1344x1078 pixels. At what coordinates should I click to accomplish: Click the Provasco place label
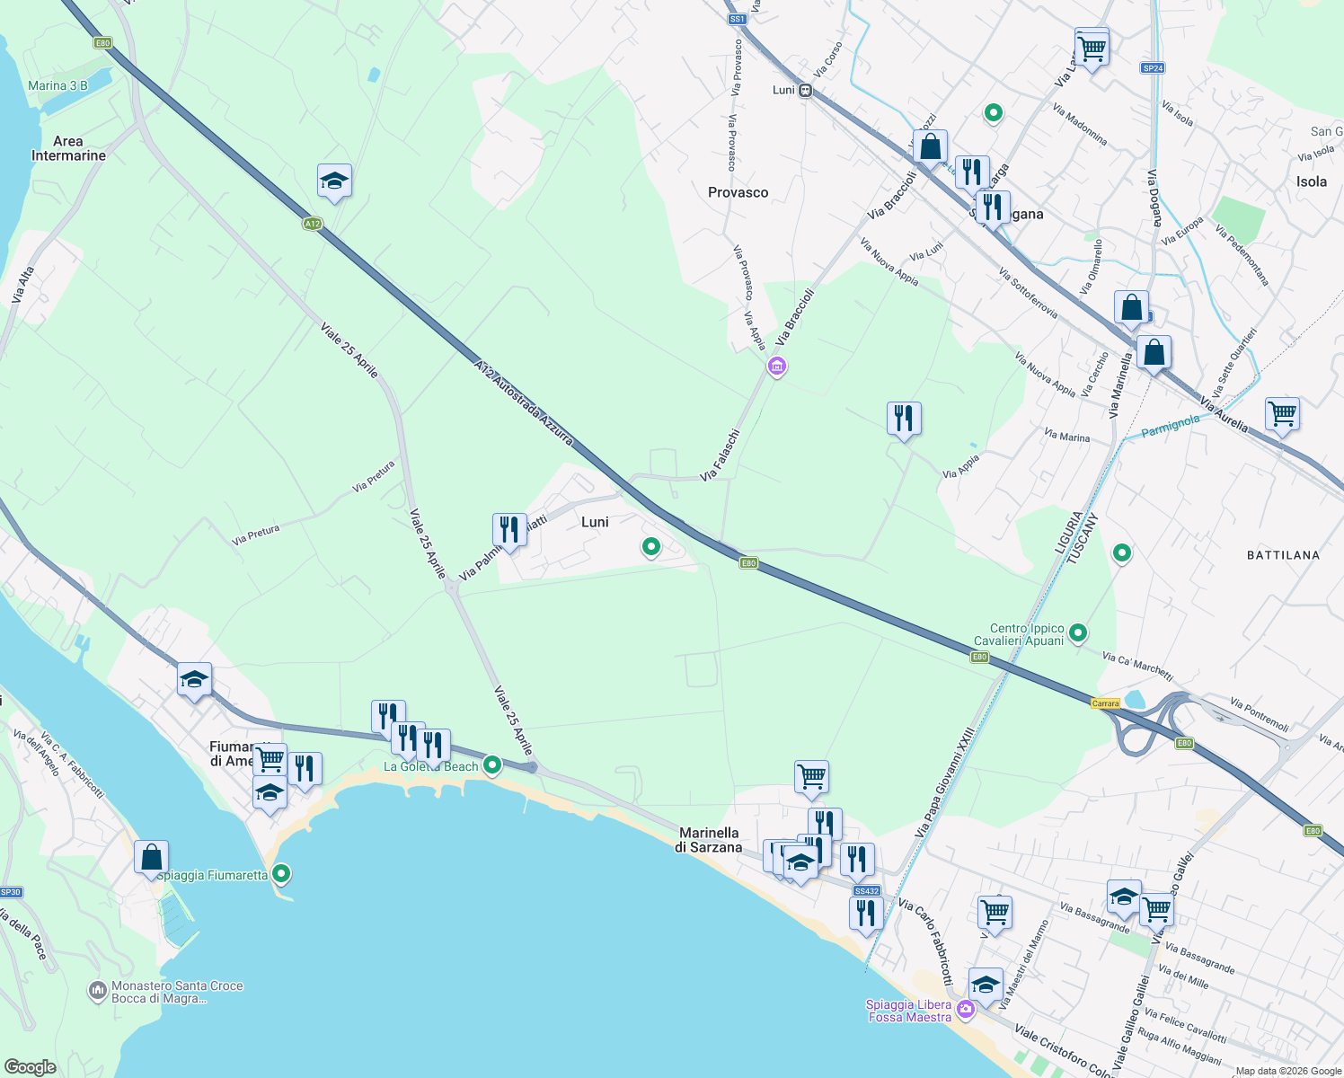pos(738,192)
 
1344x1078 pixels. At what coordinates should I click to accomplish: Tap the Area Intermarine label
pos(68,148)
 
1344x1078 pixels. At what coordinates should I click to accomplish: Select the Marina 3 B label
pos(57,86)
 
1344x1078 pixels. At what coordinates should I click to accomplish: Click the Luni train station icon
pos(806,90)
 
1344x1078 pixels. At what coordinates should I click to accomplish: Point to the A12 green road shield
pos(312,224)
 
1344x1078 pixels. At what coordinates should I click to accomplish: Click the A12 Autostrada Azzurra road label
pos(523,402)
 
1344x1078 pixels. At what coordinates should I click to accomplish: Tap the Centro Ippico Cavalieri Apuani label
pos(1027,634)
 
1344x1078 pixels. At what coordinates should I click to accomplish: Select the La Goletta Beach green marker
pos(492,765)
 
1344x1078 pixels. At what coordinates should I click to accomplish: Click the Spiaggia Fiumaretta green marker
pos(282,873)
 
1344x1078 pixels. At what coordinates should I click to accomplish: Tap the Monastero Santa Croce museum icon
pos(97,990)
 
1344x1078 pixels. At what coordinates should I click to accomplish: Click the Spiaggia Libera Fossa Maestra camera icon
pos(966,1010)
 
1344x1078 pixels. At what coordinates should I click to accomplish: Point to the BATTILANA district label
pos(1283,555)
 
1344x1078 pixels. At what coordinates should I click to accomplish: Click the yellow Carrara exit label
pos(1105,703)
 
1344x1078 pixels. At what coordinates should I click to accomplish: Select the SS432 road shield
pos(866,891)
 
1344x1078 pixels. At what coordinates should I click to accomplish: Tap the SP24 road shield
pos(1153,68)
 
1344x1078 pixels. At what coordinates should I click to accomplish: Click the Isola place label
pos(1311,181)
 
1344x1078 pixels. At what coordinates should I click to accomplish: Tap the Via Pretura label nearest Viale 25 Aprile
pos(374,476)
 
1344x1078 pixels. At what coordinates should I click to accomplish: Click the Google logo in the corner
pos(31,1066)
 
